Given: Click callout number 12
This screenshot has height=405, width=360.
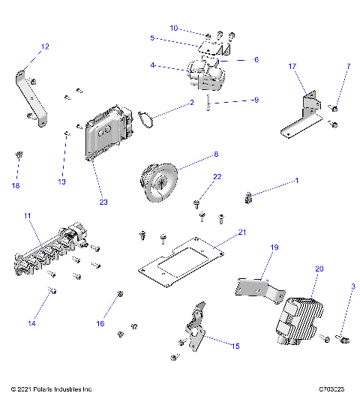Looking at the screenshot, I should (x=45, y=46).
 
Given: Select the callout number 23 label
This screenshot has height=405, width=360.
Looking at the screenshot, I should (x=103, y=201).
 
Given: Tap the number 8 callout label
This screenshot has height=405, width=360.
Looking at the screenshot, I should (x=216, y=154).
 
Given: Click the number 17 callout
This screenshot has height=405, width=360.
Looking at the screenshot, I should (x=293, y=66).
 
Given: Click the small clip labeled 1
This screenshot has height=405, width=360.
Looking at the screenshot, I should (x=250, y=198).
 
